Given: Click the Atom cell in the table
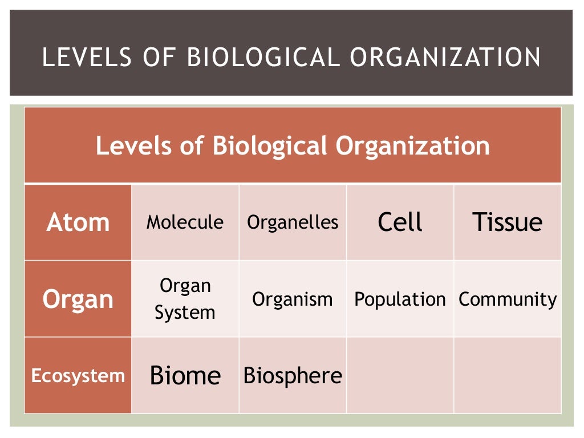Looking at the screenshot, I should click(x=78, y=222).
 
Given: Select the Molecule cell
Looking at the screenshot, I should click(x=185, y=222).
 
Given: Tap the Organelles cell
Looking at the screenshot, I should click(x=292, y=222).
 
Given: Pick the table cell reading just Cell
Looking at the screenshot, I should click(x=400, y=222).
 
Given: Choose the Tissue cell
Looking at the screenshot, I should click(x=507, y=222).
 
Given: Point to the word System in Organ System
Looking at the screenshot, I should click(x=185, y=313).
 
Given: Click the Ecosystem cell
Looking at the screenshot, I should click(x=78, y=376).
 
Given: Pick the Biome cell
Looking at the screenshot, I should click(x=185, y=376).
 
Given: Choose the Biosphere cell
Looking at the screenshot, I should click(x=292, y=376).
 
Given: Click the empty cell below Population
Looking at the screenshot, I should click(x=400, y=375).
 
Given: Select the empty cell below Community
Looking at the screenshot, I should click(x=508, y=375).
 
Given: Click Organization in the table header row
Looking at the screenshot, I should click(x=412, y=146).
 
